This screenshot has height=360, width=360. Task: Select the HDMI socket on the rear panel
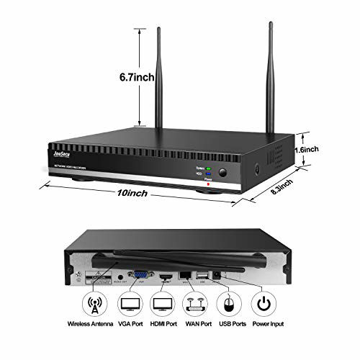pos(165,276)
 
